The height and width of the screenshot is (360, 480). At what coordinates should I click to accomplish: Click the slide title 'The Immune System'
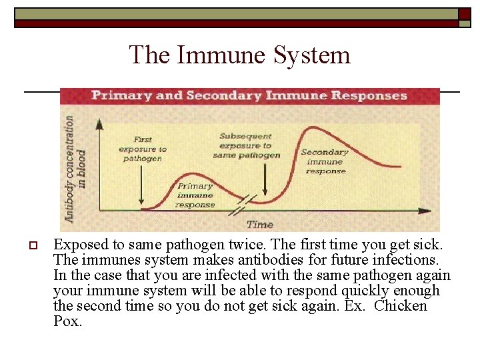240,55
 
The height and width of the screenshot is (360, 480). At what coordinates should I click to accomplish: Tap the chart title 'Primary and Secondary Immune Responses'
249,95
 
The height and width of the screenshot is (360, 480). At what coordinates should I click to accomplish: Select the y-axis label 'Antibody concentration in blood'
75,168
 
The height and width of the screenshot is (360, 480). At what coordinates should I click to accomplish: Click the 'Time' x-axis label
259,224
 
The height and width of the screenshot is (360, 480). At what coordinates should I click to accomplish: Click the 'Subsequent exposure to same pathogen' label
246,145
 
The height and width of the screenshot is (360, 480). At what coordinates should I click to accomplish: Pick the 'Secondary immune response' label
325,161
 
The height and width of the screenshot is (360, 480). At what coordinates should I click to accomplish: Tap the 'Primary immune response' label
195,195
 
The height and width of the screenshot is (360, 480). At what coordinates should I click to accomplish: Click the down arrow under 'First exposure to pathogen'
141,187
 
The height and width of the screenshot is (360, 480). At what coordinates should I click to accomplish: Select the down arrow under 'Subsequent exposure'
265,181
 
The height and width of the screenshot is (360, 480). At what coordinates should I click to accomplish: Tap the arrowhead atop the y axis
99,123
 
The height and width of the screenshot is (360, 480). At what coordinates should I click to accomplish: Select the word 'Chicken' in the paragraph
401,306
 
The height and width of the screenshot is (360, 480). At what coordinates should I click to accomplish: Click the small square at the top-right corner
465,14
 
